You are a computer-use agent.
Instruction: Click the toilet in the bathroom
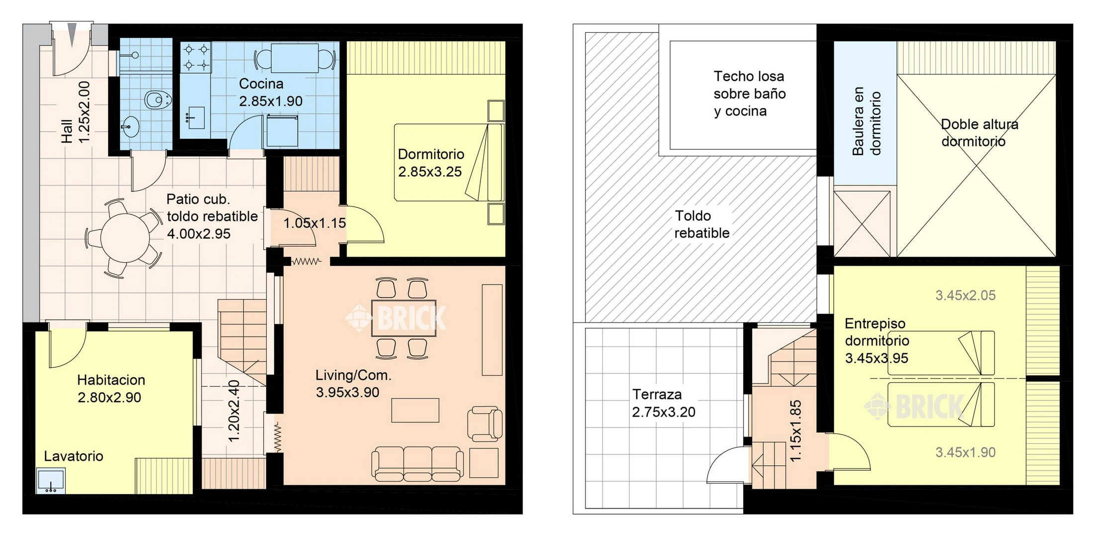tap(158, 100)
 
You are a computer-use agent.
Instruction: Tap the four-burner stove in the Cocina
tap(196, 57)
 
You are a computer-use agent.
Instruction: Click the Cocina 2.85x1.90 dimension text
tap(271, 101)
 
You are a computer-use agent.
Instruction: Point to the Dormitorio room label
tap(431, 154)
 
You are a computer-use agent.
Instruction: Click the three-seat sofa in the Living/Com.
tap(417, 464)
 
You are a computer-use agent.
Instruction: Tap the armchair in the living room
tap(484, 424)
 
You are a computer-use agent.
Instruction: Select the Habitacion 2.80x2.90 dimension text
tap(109, 398)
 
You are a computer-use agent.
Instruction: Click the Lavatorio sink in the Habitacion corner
tap(51, 481)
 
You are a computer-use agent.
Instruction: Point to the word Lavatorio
tap(74, 456)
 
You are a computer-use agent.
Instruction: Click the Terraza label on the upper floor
tap(657, 395)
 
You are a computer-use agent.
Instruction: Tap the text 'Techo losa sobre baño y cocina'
tap(750, 94)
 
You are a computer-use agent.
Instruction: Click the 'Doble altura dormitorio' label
tap(980, 133)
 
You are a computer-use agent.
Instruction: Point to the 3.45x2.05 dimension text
tap(966, 296)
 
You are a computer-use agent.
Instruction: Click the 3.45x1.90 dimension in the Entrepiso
tap(966, 452)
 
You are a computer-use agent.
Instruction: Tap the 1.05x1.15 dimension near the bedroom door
tap(315, 223)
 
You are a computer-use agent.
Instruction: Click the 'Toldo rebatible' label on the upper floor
tap(702, 224)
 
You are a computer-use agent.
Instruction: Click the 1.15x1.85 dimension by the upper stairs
tap(796, 431)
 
